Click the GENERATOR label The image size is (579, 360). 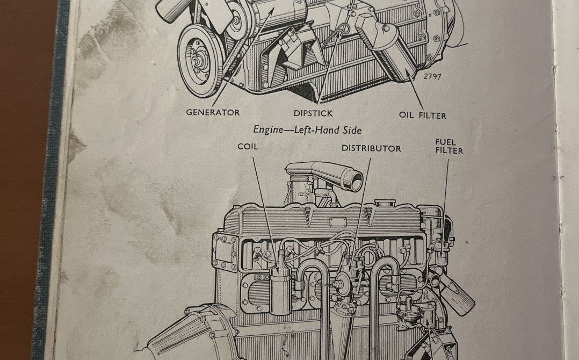click(213, 112)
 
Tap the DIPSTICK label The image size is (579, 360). click(313, 113)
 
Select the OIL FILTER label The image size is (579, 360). click(422, 115)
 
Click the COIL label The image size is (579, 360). click(248, 146)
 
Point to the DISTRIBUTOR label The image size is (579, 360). click(371, 148)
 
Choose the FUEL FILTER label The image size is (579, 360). click(448, 147)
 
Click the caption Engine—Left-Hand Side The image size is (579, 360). click(307, 130)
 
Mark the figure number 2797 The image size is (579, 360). click(432, 76)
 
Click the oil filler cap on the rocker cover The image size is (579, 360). click(385, 204)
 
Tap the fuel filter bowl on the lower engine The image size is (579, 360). click(442, 253)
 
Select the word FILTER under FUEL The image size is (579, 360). click(449, 151)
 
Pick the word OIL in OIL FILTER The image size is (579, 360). click(406, 115)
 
